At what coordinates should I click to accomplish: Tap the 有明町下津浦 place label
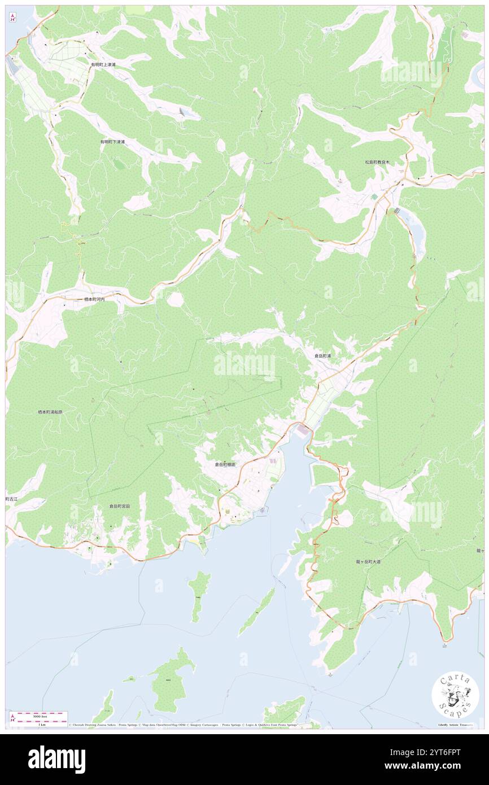112,142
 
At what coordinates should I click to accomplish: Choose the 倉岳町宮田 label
120,507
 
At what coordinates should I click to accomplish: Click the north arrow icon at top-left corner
12,18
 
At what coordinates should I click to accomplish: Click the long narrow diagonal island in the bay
256,612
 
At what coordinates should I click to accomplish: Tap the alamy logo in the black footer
56,760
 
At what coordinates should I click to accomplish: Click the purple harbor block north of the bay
303,431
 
